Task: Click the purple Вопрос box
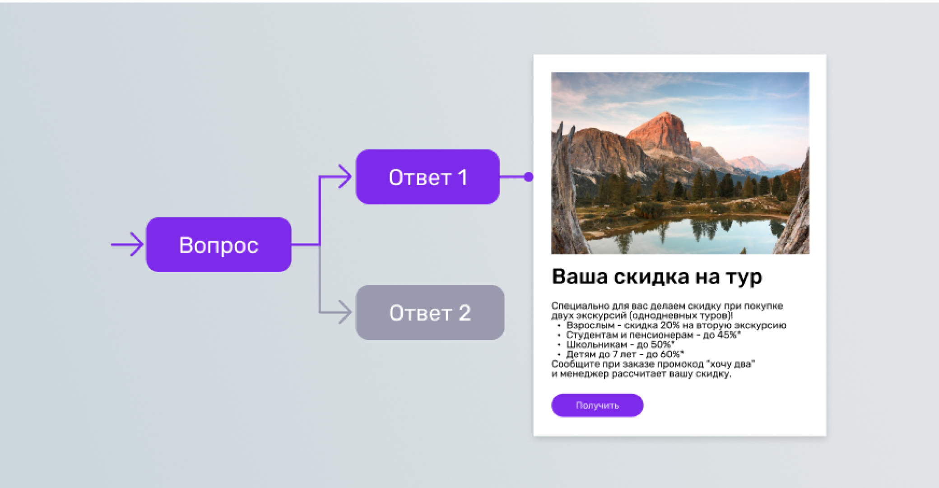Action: click(218, 245)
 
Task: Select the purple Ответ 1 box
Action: click(428, 177)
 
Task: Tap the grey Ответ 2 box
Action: click(430, 312)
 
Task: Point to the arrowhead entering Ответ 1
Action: click(345, 177)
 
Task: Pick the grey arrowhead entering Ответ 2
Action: click(345, 312)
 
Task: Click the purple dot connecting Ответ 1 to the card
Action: click(529, 177)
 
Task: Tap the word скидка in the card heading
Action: click(652, 277)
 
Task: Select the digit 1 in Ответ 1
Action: click(462, 177)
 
